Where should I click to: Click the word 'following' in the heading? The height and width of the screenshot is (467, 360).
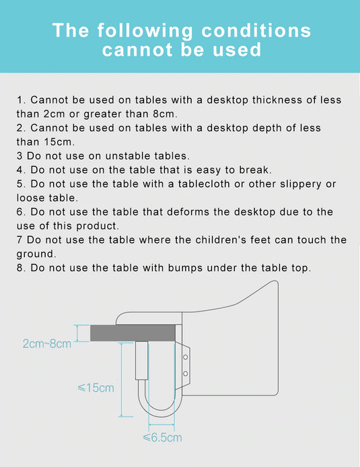(x=145, y=31)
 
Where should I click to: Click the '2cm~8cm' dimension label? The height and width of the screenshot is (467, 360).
(x=47, y=344)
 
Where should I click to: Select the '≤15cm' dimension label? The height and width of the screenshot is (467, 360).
(x=96, y=388)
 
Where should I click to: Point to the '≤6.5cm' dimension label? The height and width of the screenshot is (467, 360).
(x=162, y=437)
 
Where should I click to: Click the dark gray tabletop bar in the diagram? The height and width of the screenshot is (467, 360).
(x=133, y=333)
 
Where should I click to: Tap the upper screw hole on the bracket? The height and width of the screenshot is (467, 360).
(x=185, y=357)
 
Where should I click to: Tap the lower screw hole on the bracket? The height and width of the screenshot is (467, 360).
(x=185, y=373)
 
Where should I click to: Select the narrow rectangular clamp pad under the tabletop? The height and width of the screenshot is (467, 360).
(x=142, y=361)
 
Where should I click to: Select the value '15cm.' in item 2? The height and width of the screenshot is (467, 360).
(x=59, y=142)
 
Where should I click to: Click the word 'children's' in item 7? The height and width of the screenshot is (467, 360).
(x=221, y=240)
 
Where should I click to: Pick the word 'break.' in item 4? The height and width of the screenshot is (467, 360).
(x=256, y=170)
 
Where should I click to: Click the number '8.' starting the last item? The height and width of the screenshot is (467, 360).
(x=22, y=268)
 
